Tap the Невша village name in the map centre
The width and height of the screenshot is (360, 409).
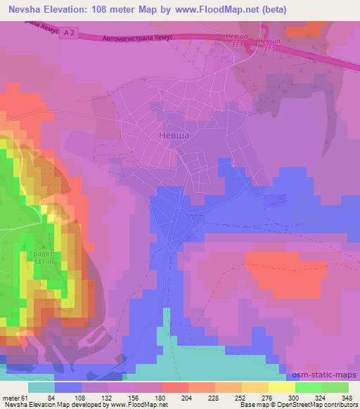[173, 138]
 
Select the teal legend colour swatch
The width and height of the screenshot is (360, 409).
[41, 387]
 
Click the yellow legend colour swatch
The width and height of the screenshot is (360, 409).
[281, 387]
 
